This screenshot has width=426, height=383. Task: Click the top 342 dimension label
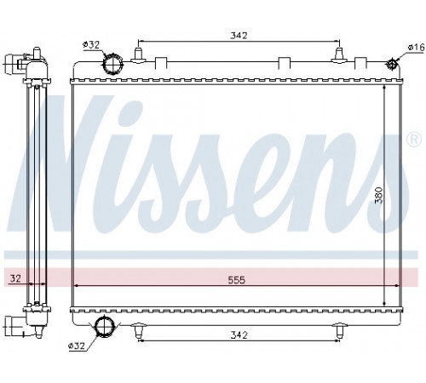tap(239, 36)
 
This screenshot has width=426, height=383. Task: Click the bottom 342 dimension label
tap(239, 335)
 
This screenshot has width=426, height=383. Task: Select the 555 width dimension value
tap(237, 280)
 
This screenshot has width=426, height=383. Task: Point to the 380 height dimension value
tap(379, 195)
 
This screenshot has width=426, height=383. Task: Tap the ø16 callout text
tap(416, 48)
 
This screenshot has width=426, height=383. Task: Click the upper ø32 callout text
tap(91, 44)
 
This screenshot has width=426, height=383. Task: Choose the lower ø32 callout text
tap(77, 346)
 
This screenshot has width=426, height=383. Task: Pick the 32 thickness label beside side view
tap(15, 278)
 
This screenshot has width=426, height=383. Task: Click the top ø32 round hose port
tap(112, 64)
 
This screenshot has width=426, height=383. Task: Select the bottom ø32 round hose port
tap(104, 326)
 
